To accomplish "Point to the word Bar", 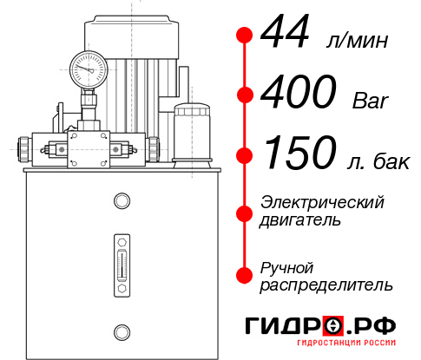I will pos(371,101).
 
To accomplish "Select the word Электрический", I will pos(322,202).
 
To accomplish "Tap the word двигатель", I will pos(300,220).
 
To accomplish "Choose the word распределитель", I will pos(326,285).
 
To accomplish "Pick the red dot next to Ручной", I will pos(245,275).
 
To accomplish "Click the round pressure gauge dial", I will pos(88,67).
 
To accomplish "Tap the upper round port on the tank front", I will pos(121,201).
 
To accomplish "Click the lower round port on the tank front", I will pos(121,330).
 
